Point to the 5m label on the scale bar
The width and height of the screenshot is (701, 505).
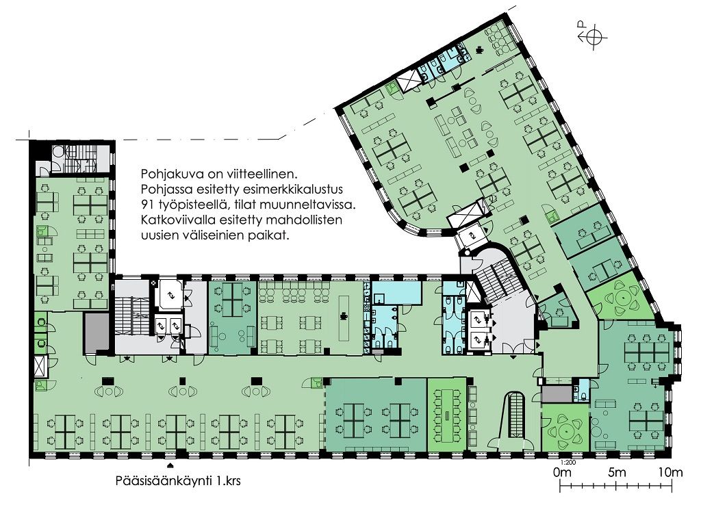tap(617, 472)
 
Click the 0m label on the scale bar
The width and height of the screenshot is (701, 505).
tap(563, 472)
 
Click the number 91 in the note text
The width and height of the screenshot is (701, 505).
tap(147, 205)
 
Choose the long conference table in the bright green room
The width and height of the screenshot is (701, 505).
tap(448, 415)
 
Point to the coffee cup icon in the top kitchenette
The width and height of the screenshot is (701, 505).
tap(480, 49)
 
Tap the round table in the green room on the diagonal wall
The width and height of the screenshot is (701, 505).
tap(622, 298)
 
